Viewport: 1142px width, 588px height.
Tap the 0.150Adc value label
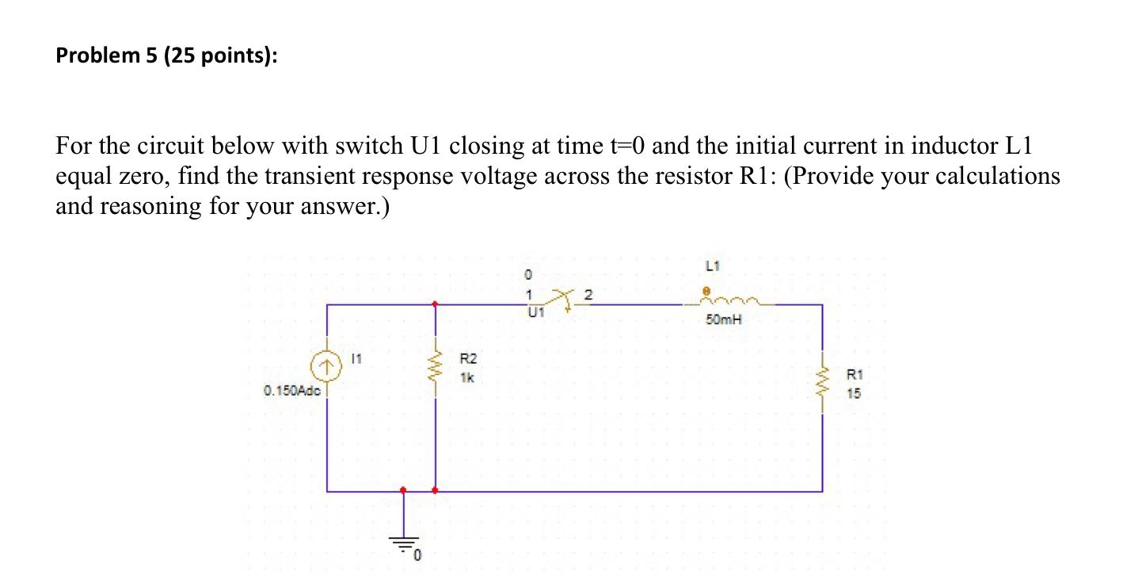click(x=291, y=391)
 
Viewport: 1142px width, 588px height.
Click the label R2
click(x=467, y=360)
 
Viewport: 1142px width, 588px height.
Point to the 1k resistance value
click(x=466, y=378)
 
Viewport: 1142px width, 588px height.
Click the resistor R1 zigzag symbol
click(x=821, y=387)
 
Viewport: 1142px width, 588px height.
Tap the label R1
click(x=854, y=375)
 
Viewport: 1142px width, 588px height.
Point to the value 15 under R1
click(x=853, y=393)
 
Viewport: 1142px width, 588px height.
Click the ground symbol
click(x=404, y=543)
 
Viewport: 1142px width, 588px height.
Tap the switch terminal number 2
click(x=587, y=294)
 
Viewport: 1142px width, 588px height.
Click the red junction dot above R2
click(x=435, y=304)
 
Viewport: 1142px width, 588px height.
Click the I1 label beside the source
click(x=356, y=361)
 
